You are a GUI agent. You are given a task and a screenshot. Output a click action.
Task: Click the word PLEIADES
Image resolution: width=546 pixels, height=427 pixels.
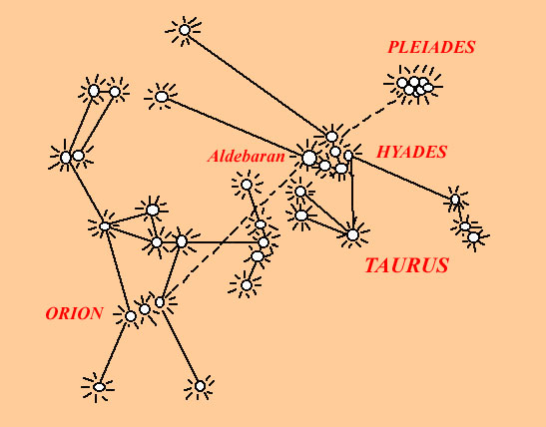click(x=431, y=47)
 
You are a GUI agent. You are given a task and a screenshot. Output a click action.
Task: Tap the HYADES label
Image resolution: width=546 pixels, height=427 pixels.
click(x=411, y=152)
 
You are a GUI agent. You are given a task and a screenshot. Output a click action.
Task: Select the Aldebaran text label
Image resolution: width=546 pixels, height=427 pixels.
click(x=247, y=157)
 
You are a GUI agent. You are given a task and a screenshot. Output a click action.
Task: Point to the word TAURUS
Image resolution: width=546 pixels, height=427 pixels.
click(x=406, y=265)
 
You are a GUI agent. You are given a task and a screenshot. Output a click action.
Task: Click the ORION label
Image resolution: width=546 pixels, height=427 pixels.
click(x=74, y=313)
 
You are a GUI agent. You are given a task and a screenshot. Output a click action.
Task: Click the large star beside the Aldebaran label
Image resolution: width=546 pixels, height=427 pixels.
click(x=308, y=158)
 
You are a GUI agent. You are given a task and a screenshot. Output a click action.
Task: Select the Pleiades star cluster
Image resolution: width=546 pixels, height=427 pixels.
click(x=414, y=86)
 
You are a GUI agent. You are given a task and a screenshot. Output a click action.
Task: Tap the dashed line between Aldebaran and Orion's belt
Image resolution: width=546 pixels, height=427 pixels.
click(x=234, y=230)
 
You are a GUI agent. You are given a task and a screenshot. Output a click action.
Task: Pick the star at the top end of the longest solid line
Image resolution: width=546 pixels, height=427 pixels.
click(x=185, y=30)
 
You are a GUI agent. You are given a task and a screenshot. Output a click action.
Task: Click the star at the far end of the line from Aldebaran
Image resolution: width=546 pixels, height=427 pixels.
click(x=162, y=97)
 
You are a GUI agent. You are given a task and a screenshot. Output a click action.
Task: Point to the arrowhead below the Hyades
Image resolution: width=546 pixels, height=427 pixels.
click(x=353, y=224)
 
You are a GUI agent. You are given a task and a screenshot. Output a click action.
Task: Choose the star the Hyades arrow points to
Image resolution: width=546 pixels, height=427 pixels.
click(x=352, y=234)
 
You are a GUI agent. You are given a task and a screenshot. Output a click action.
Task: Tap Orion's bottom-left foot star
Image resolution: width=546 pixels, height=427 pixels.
click(x=99, y=387)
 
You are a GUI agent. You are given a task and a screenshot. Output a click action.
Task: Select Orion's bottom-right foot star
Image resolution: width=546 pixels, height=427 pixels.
click(x=200, y=386)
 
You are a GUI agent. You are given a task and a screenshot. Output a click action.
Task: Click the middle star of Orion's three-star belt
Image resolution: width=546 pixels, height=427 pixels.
click(x=145, y=309)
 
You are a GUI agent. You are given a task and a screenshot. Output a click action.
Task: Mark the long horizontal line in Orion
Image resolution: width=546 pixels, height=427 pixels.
click(x=222, y=242)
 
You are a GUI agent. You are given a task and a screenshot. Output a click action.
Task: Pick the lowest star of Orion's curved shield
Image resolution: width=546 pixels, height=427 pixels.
click(x=247, y=285)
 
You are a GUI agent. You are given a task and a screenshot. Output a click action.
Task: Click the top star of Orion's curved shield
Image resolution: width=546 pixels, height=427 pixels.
click(x=247, y=185)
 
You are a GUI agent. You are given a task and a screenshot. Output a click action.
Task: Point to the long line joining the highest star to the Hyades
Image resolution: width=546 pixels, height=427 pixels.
click(x=258, y=83)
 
